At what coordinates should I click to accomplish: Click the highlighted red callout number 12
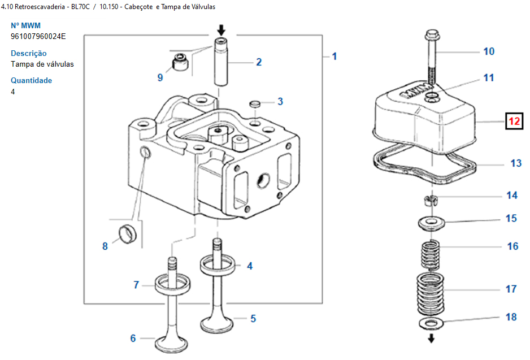514,121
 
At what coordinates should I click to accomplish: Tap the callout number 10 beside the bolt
489,51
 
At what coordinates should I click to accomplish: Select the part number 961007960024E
38,37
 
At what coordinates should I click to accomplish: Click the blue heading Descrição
29,54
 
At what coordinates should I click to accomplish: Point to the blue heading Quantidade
32,80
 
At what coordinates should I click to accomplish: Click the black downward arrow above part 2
221,30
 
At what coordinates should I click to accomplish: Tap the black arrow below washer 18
431,339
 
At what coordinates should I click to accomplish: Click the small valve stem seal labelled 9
180,62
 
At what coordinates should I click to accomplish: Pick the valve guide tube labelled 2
221,62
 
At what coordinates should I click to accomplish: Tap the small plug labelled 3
255,103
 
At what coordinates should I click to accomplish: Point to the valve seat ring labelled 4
218,265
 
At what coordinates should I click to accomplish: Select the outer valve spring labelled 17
430,293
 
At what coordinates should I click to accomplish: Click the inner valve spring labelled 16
430,254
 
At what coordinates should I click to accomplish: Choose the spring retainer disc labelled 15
431,223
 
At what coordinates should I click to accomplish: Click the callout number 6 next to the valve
133,338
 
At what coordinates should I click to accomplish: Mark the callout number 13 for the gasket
516,163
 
